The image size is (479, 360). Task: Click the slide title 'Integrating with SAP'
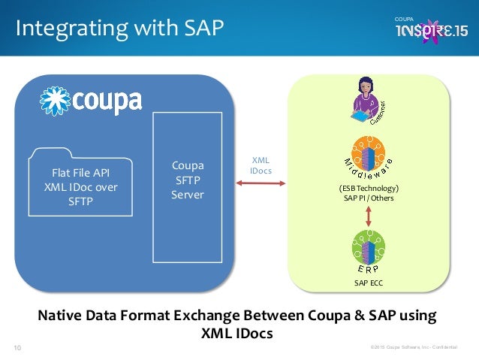click(x=119, y=29)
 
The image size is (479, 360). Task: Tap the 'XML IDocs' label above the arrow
click(x=261, y=165)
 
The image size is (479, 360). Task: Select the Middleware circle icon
click(x=369, y=155)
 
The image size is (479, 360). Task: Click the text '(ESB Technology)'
click(x=367, y=188)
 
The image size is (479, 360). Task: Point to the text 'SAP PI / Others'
click(x=367, y=198)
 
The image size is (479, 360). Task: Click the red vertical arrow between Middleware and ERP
click(x=368, y=215)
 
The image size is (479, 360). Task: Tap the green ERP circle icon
click(x=368, y=247)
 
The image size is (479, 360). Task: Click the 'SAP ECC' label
click(x=368, y=283)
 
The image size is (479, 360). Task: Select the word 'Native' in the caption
click(x=64, y=315)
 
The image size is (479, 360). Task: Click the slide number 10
click(x=17, y=347)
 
